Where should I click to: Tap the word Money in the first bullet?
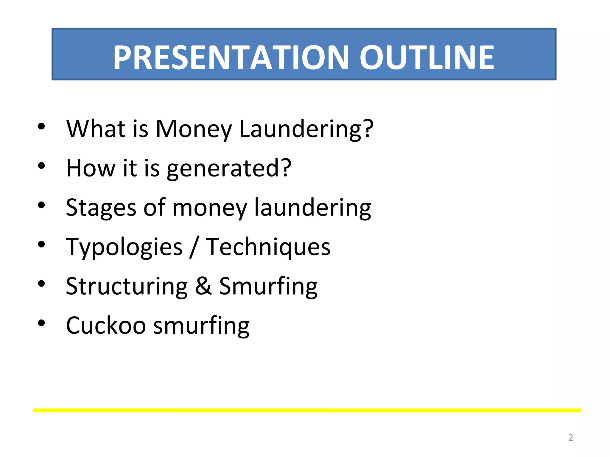pyautogui.click(x=194, y=129)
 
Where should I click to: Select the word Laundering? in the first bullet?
pyautogui.click(x=306, y=129)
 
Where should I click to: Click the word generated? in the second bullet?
pyautogui.click(x=229, y=168)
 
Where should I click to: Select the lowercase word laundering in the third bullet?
pyautogui.click(x=312, y=208)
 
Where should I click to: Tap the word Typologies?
pyautogui.click(x=124, y=247)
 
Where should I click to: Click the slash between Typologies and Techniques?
pyautogui.click(x=194, y=247)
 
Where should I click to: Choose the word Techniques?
pyautogui.click(x=268, y=247)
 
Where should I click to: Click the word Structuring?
pyautogui.click(x=127, y=286)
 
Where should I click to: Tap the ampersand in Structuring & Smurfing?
pyautogui.click(x=203, y=286)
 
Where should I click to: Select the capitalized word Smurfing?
pyautogui.click(x=268, y=286)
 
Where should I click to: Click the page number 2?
pyautogui.click(x=571, y=437)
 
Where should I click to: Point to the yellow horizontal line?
pyautogui.click(x=307, y=410)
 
